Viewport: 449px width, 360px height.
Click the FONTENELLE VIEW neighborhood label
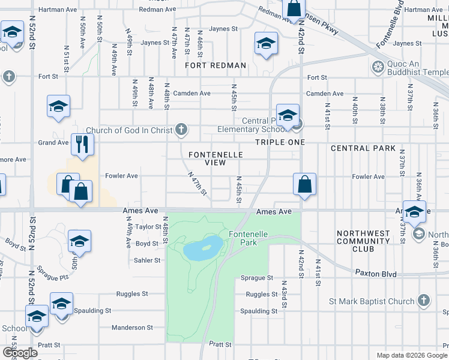tap(215, 159)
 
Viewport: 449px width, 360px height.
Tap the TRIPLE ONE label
tap(280, 142)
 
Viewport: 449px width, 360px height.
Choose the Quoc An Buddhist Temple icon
tap(378, 66)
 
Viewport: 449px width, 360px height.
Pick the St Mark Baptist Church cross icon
tap(423, 301)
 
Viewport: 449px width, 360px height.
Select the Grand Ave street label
tap(53, 143)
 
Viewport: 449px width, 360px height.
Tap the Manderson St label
tap(133, 328)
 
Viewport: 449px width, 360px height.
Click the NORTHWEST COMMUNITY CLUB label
tap(364, 241)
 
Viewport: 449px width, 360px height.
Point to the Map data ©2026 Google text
tap(411, 355)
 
